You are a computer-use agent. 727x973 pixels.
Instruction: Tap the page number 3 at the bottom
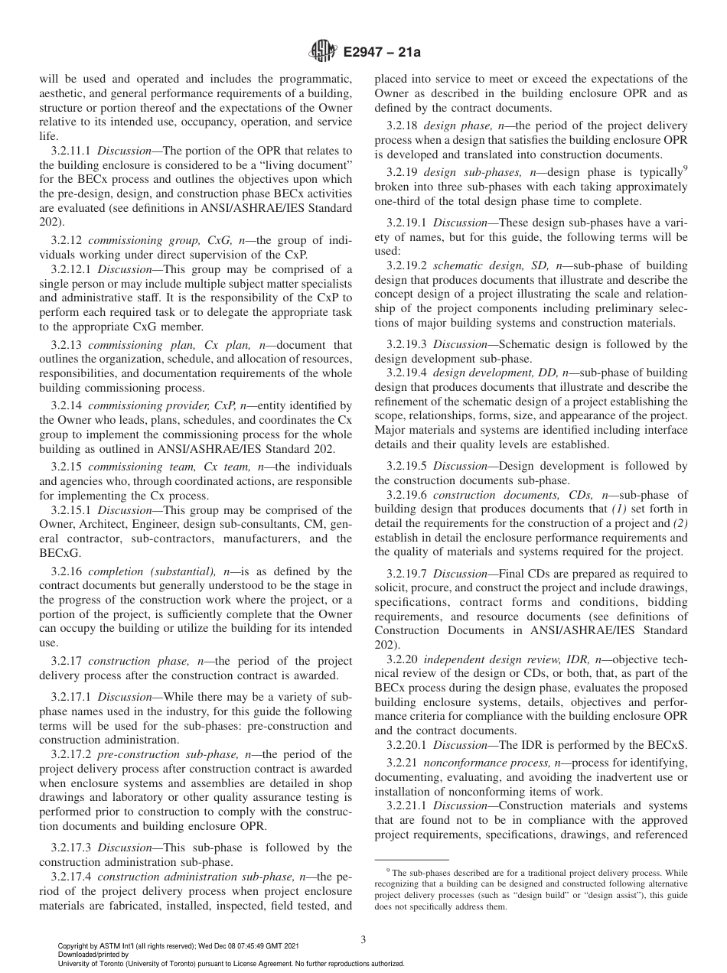pos(363,939)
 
